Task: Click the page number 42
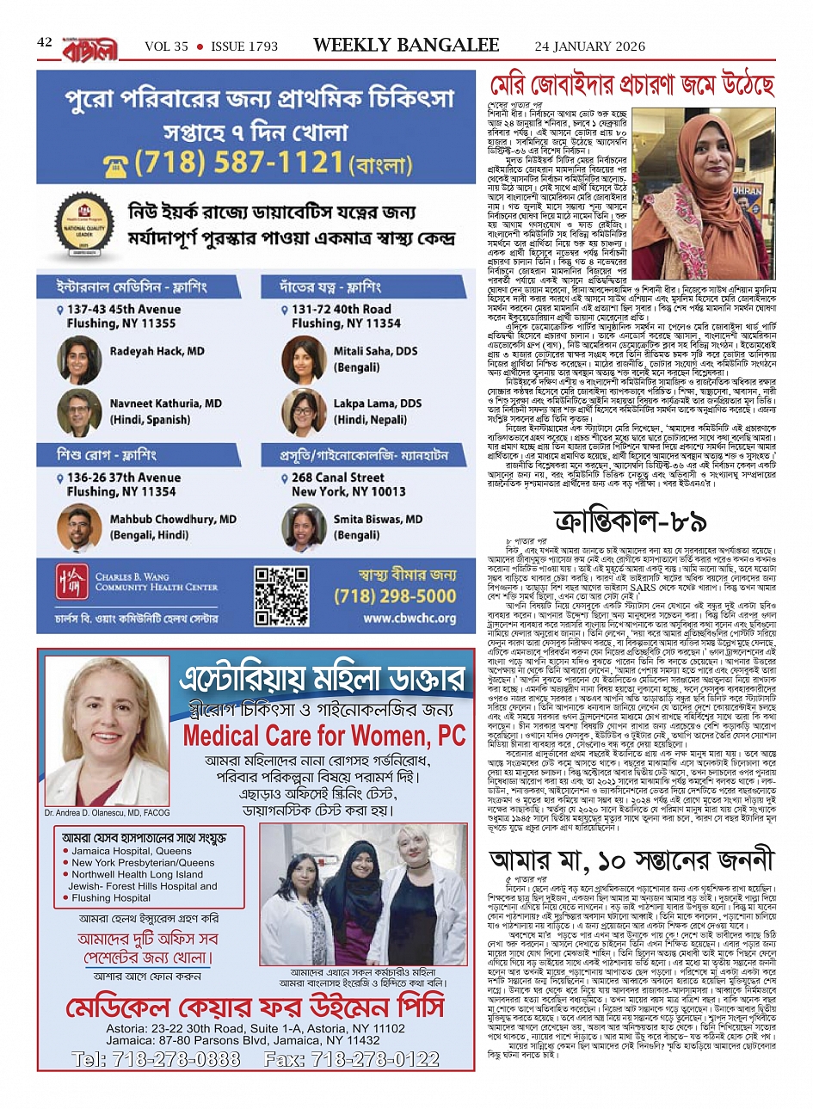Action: [x=45, y=42]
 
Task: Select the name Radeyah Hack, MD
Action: [x=157, y=351]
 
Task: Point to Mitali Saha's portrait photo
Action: [x=303, y=360]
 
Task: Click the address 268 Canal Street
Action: [x=338, y=477]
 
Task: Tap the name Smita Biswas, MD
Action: [x=378, y=519]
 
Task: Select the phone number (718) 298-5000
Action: [x=407, y=595]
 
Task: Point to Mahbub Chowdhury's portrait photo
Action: [x=80, y=527]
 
